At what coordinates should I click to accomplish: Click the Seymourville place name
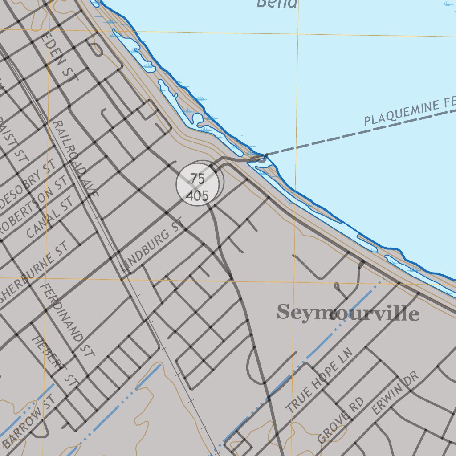click(x=348, y=313)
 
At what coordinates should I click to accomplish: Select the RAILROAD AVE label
click(x=75, y=159)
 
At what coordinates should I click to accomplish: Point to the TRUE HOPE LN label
click(x=319, y=380)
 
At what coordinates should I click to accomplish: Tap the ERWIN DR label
click(x=395, y=394)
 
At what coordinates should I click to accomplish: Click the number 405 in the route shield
click(x=199, y=195)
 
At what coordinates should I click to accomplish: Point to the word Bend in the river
click(x=277, y=4)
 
